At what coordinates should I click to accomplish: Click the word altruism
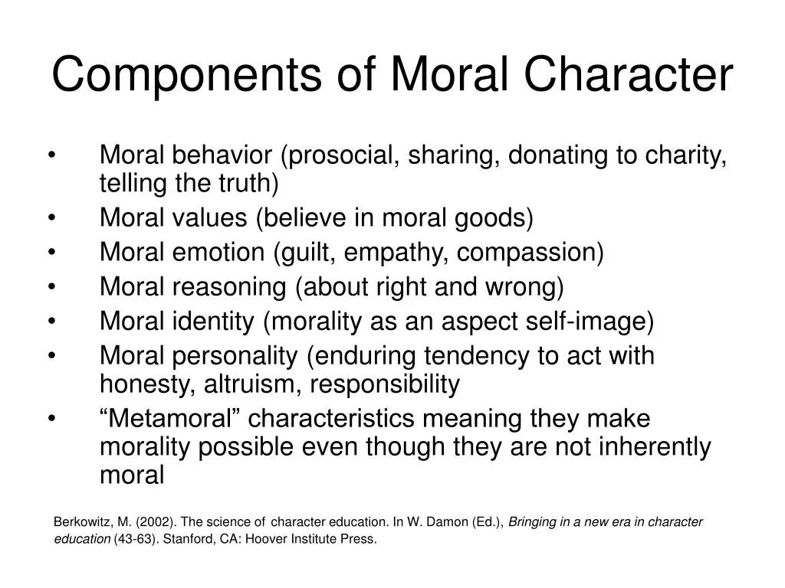pyautogui.click(x=252, y=384)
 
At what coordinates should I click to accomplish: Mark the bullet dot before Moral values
pyautogui.click(x=51, y=218)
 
